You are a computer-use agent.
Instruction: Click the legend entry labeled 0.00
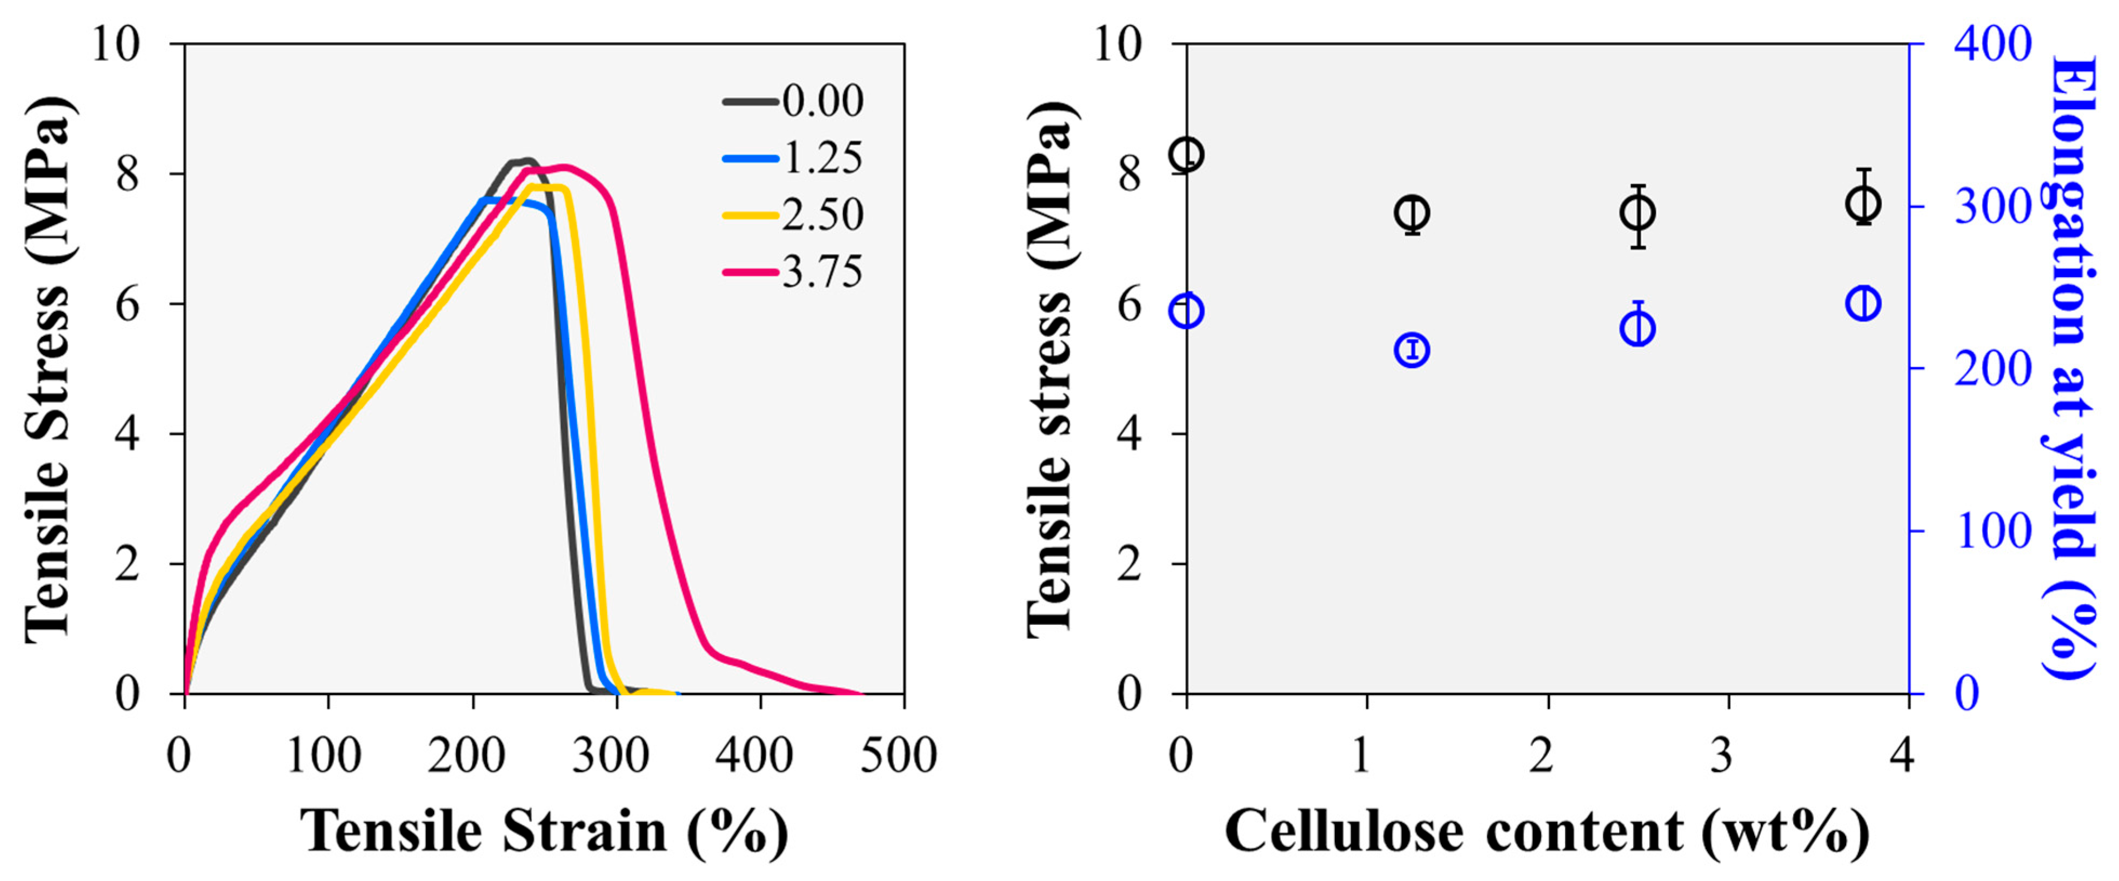(794, 101)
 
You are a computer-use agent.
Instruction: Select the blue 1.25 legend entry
(794, 158)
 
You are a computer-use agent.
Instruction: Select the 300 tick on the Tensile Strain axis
(610, 755)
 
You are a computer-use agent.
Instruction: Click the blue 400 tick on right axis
(1993, 44)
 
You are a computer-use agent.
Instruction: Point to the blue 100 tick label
(1993, 531)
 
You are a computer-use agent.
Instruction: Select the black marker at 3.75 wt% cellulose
(1863, 202)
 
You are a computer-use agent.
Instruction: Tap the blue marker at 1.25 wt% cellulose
(1412, 350)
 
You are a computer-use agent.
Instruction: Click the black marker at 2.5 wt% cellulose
(1638, 213)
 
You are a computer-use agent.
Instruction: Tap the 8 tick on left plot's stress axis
(128, 175)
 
